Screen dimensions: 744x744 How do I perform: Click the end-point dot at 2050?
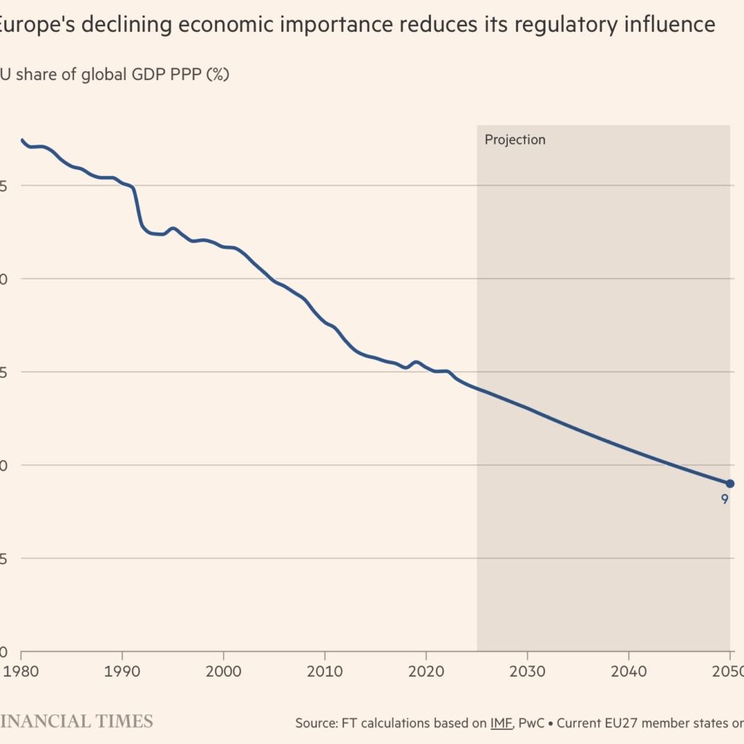point(729,484)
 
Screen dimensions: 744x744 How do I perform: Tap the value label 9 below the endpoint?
point(724,499)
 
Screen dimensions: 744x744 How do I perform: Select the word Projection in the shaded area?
point(514,139)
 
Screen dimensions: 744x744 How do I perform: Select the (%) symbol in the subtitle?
point(217,74)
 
